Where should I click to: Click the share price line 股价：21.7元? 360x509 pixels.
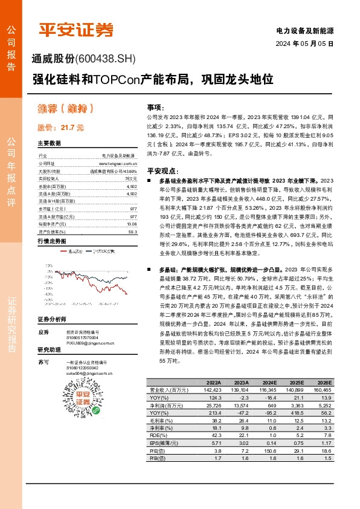[61, 128]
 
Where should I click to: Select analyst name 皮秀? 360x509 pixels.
[43, 332]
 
